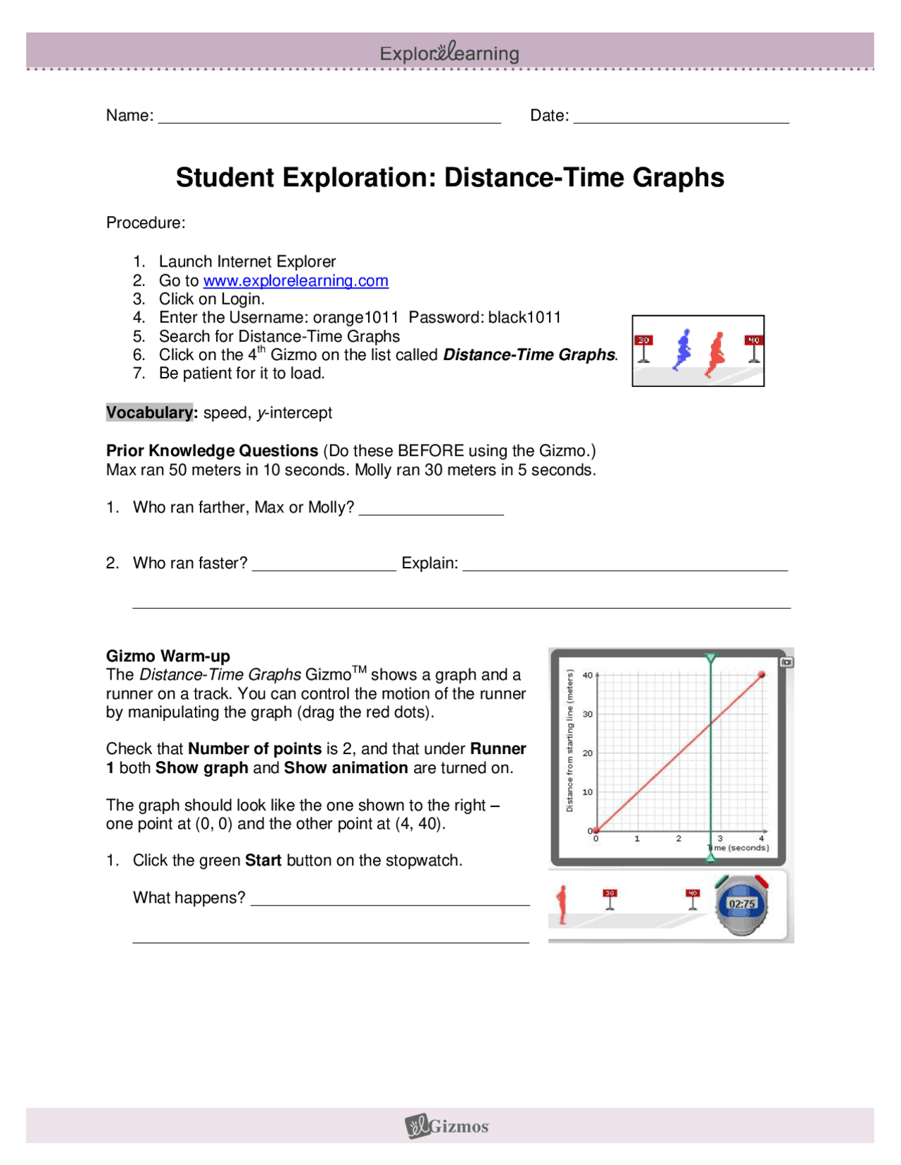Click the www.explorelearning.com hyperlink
coord(296,281)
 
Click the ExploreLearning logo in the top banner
coord(450,53)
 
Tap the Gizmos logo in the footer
coord(448,1126)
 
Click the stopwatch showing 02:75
coord(742,905)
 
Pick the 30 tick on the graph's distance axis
coord(588,714)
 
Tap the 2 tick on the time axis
coord(679,839)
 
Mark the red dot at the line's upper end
coord(762,675)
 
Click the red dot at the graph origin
coord(596,831)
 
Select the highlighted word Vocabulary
coord(149,412)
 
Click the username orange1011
coord(355,317)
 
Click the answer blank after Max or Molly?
coord(431,509)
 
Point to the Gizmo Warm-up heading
coord(168,656)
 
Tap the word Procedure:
coord(146,223)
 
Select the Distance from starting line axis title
coord(570,740)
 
